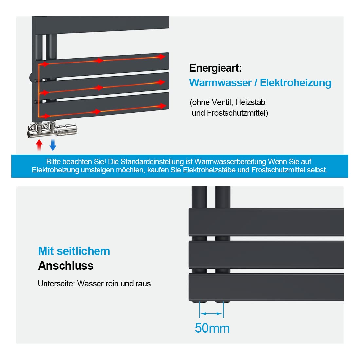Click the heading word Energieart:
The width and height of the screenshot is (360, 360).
[215, 68]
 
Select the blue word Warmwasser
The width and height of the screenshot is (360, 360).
[220, 83]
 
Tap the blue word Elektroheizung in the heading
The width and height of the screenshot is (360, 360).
[295, 83]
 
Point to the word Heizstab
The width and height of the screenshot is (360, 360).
[250, 102]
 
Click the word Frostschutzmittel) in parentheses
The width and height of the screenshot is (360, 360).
[238, 113]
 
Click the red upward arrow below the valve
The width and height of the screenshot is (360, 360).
[39, 145]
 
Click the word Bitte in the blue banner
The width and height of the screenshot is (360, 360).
[53, 162]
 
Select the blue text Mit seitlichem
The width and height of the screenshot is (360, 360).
[74, 251]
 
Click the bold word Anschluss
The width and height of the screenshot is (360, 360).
[66, 266]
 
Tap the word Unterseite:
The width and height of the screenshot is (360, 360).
[57, 284]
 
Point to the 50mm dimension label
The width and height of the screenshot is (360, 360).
[212, 328]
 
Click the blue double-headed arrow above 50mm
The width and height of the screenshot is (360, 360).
[211, 314]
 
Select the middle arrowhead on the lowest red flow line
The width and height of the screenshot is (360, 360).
[97, 112]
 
